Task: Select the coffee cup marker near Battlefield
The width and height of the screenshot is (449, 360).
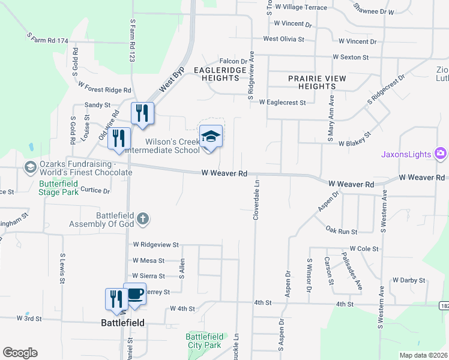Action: (134, 294)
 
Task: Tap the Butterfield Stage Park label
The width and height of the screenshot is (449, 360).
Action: (59, 188)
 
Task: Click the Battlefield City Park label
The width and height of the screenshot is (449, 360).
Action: (205, 341)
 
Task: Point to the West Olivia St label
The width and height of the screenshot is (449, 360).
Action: (284, 38)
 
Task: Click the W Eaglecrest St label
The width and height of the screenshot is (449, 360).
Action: (282, 103)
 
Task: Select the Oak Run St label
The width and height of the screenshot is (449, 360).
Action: (341, 231)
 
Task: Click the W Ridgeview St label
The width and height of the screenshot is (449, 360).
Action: (156, 245)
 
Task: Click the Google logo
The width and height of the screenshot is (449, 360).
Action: (20, 353)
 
